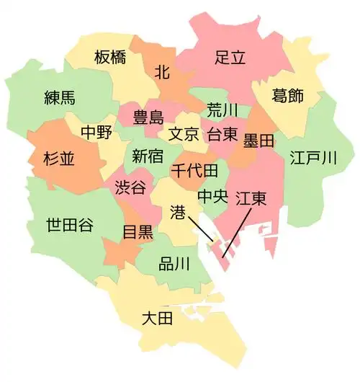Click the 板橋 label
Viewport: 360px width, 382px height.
pyautogui.click(x=111, y=58)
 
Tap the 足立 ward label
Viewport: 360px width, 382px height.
pyautogui.click(x=230, y=58)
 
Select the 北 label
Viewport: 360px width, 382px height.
pyautogui.click(x=163, y=71)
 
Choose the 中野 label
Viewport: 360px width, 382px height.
pyautogui.click(x=96, y=133)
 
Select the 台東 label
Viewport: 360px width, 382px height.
pyautogui.click(x=224, y=134)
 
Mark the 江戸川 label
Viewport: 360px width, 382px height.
pyautogui.click(x=312, y=157)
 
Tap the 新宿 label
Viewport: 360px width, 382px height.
pyautogui.click(x=148, y=155)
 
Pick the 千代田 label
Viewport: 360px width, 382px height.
pyautogui.click(x=194, y=171)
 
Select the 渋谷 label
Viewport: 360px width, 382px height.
pyautogui.click(x=131, y=187)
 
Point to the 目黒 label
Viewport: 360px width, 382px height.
pyautogui.click(x=137, y=232)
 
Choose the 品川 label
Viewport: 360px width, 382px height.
pyautogui.click(x=174, y=264)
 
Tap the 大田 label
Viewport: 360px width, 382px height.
pyautogui.click(x=156, y=317)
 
